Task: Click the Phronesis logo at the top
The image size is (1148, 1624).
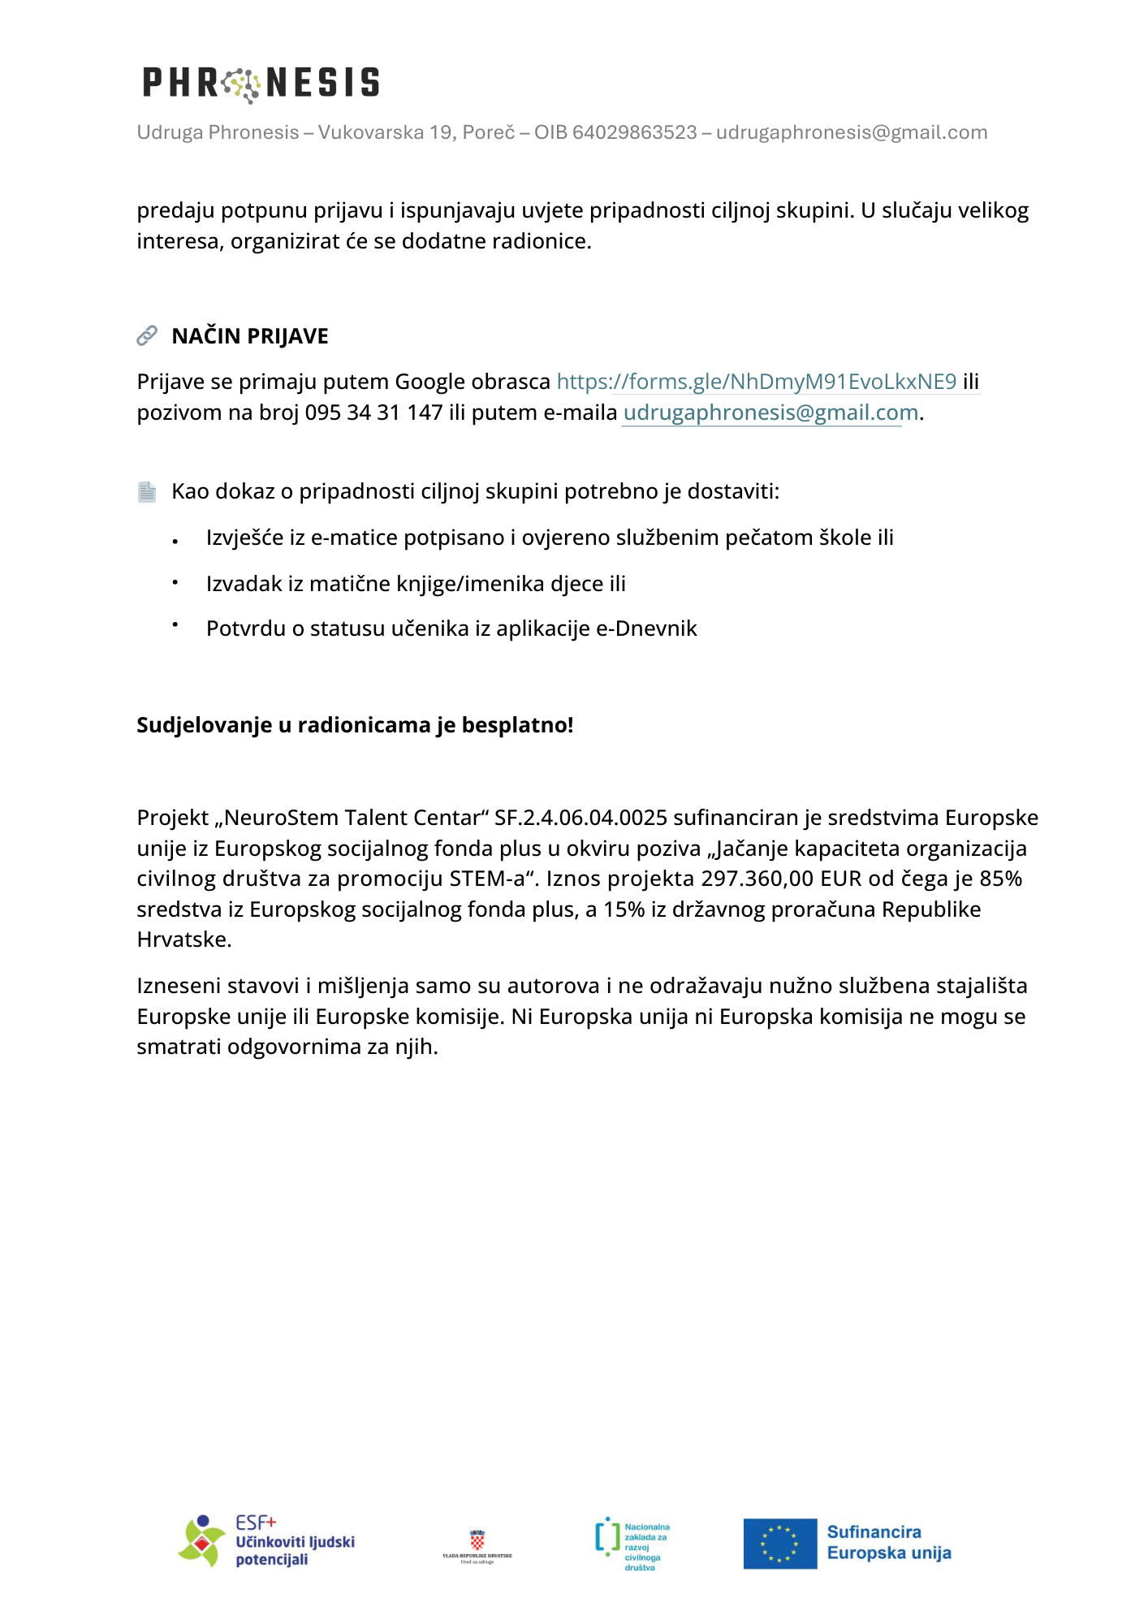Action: [261, 83]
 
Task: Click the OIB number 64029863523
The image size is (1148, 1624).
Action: [634, 132]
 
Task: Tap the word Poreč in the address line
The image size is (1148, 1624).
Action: [489, 132]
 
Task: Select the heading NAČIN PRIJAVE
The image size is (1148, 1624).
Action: [250, 336]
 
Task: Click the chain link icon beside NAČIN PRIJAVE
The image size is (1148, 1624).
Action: [147, 335]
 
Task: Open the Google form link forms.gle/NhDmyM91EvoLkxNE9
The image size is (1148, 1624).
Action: [757, 382]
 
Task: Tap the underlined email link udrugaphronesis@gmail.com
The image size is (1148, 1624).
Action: [770, 412]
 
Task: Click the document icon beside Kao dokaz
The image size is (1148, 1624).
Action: [147, 491]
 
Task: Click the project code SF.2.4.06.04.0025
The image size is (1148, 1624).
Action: [580, 818]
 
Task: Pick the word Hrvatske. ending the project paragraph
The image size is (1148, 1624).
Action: [184, 939]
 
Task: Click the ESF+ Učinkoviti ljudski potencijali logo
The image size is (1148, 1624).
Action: [266, 1540]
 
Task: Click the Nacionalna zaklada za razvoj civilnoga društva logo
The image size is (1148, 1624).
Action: [632, 1544]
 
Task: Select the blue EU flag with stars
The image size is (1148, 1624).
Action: [779, 1544]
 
